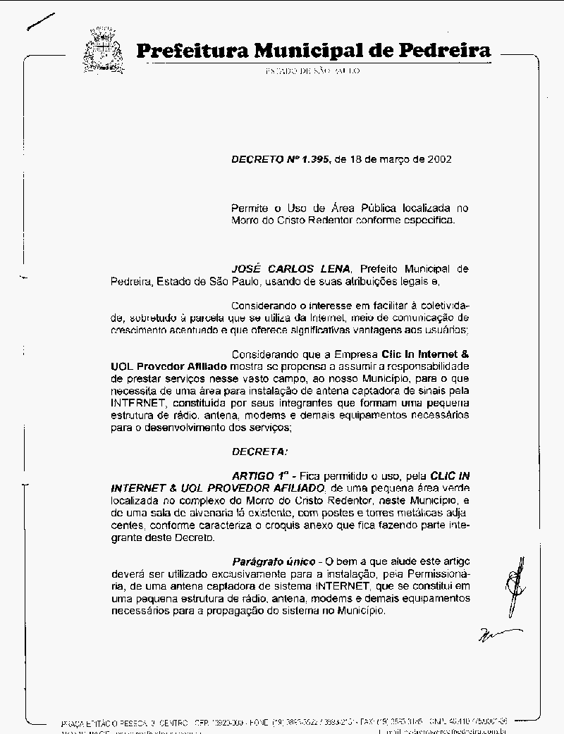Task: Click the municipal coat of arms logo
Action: coord(103,50)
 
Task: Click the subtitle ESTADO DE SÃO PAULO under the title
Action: coord(312,72)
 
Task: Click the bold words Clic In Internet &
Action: coord(425,354)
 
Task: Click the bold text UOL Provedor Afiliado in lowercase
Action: coord(169,367)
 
